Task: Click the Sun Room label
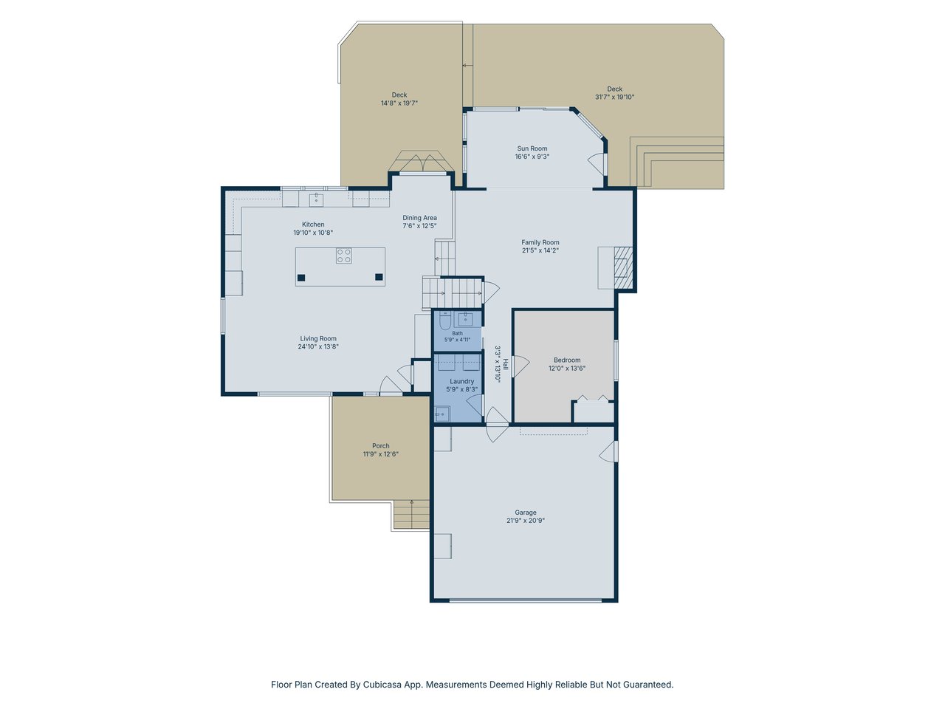pyautogui.click(x=532, y=148)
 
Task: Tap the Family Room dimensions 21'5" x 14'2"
pyautogui.click(x=540, y=250)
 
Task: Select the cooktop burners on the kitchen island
pyautogui.click(x=343, y=256)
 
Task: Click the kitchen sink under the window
pyautogui.click(x=316, y=199)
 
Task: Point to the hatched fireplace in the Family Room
pyautogui.click(x=623, y=267)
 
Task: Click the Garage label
pyautogui.click(x=526, y=513)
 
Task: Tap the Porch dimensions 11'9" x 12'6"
pyautogui.click(x=380, y=453)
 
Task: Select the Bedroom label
pyautogui.click(x=567, y=360)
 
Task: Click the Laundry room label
pyautogui.click(x=462, y=381)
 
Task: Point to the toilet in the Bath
pyautogui.click(x=444, y=321)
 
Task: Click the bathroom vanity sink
pyautogui.click(x=465, y=320)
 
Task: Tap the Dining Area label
pyautogui.click(x=420, y=218)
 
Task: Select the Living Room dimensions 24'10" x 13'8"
pyautogui.click(x=318, y=346)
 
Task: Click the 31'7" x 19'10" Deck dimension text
pyautogui.click(x=615, y=97)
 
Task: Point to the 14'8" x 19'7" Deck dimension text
pyautogui.click(x=399, y=103)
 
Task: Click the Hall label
pyautogui.click(x=506, y=364)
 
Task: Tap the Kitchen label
pyautogui.click(x=313, y=225)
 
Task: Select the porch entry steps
pyautogui.click(x=411, y=515)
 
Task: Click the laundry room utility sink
pyautogui.click(x=441, y=414)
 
